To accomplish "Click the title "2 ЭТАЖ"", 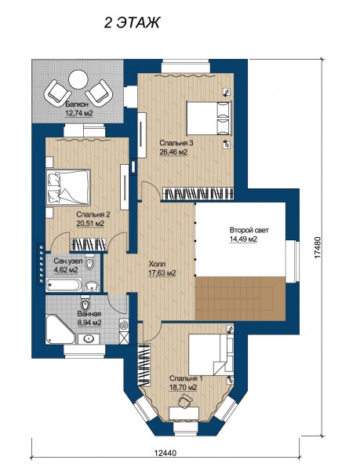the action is pyautogui.click(x=132, y=23).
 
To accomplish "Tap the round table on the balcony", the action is pyautogui.click(x=78, y=79).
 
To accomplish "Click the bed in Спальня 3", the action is pyautogui.click(x=209, y=118).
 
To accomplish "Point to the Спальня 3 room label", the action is pyautogui.click(x=176, y=143).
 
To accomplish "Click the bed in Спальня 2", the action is pyautogui.click(x=68, y=187).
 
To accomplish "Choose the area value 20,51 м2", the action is pyautogui.click(x=90, y=224).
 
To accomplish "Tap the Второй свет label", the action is pyautogui.click(x=249, y=230).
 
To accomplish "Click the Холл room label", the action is pyautogui.click(x=157, y=265).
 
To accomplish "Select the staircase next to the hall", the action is pyautogui.click(x=240, y=298).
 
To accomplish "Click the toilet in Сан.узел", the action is pyautogui.click(x=89, y=261).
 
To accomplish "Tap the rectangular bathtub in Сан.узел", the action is pyautogui.click(x=64, y=285).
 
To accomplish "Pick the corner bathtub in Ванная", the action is pyautogui.click(x=60, y=329).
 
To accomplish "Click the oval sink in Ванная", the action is pyautogui.click(x=89, y=339).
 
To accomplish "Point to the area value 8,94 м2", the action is pyautogui.click(x=89, y=323).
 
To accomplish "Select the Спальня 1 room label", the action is pyautogui.click(x=186, y=378).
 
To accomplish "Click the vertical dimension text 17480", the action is pyautogui.click(x=318, y=247).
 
